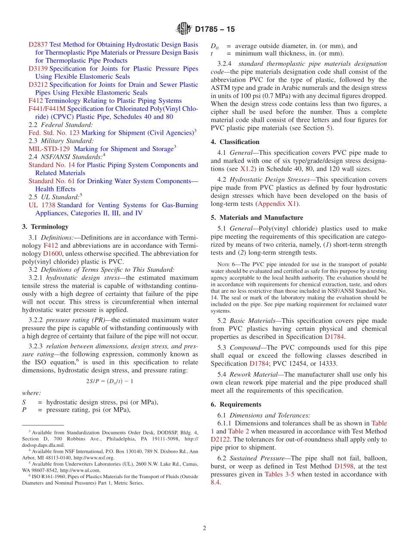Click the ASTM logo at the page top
(183, 29)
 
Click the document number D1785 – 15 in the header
(215, 29)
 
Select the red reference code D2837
(38, 44)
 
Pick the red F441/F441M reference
(47, 109)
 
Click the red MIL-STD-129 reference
(49, 149)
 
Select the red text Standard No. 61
(52, 181)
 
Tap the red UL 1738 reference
(42, 205)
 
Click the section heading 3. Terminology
(45, 227)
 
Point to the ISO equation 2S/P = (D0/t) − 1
(110, 381)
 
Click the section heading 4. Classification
(235, 142)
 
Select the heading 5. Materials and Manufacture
(257, 218)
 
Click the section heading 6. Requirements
(236, 404)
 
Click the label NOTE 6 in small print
(226, 264)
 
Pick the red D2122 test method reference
(220, 439)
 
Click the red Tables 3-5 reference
(279, 474)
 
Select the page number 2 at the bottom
(204, 528)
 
